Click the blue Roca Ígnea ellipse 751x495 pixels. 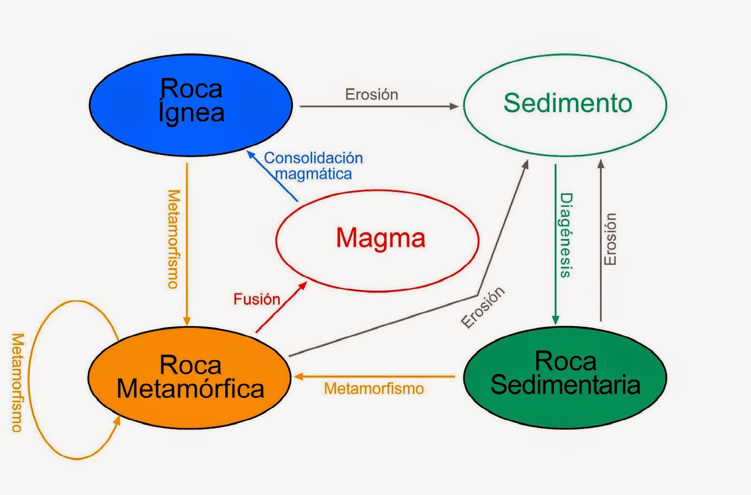click(x=191, y=104)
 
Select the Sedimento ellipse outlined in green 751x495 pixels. click(x=565, y=104)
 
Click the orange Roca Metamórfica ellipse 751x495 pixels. click(x=190, y=378)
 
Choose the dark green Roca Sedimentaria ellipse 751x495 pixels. click(x=565, y=378)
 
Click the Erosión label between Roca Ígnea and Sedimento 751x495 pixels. click(x=371, y=94)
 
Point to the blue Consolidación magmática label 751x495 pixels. click(x=313, y=166)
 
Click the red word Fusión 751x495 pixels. click(x=257, y=299)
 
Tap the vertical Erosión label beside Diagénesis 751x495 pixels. click(x=610, y=239)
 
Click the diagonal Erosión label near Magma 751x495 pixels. click(x=483, y=307)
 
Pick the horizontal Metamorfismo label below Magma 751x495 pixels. click(x=374, y=388)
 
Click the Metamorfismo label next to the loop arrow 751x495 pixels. click(x=17, y=382)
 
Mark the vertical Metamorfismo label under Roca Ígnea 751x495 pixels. click(x=173, y=239)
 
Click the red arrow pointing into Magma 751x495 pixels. click(x=281, y=308)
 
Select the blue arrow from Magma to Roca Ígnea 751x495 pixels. click(x=274, y=177)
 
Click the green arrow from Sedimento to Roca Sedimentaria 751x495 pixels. click(x=555, y=244)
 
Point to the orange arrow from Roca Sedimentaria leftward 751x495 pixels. click(x=375, y=376)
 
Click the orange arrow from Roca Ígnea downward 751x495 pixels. click(x=187, y=244)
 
